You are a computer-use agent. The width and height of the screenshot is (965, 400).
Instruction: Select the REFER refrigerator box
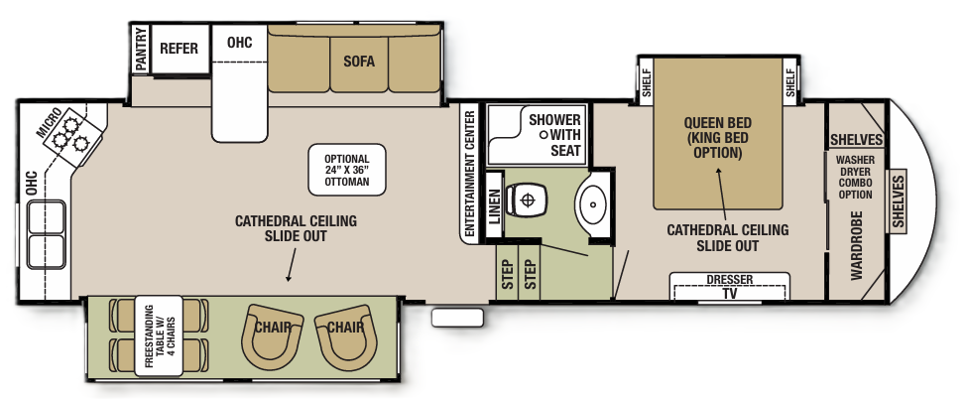point(180,49)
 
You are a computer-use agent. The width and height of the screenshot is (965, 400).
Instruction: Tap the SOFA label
point(359,61)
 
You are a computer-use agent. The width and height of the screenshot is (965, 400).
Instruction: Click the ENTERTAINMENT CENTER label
point(470,173)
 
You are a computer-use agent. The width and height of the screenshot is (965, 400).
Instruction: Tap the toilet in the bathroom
point(525,200)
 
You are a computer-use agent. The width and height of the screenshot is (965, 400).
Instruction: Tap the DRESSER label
point(729,280)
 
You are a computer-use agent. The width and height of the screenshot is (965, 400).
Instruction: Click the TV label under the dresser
point(729,294)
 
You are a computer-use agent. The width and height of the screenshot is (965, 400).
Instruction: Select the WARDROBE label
point(856,242)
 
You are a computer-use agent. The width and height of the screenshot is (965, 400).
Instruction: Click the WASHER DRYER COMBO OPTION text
point(854,177)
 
